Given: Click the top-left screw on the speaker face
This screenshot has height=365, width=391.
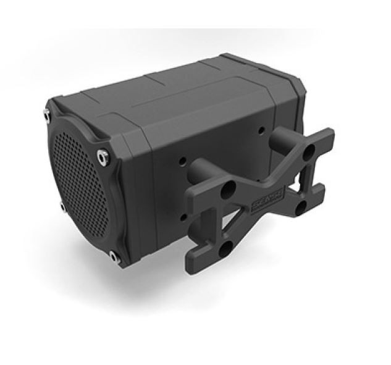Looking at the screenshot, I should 46,112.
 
